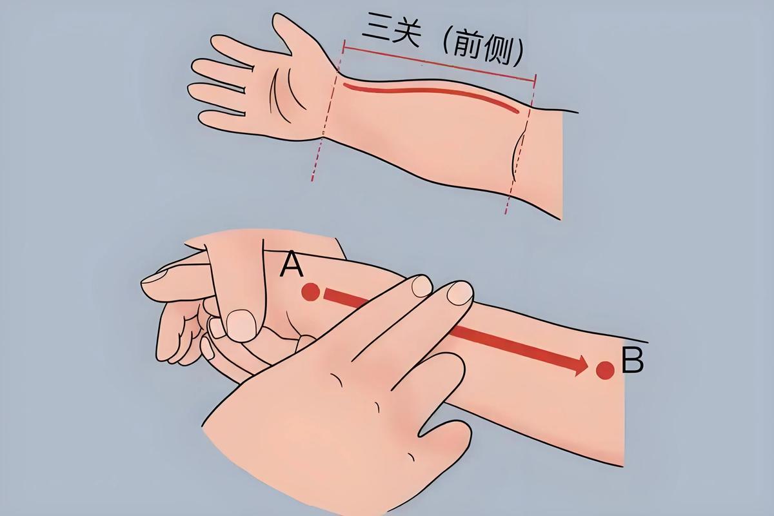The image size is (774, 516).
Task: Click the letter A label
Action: point(292,264)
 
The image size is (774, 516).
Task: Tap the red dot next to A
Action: point(311,292)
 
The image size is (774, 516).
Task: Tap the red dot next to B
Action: point(605,370)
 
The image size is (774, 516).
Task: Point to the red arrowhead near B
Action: point(579,364)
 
